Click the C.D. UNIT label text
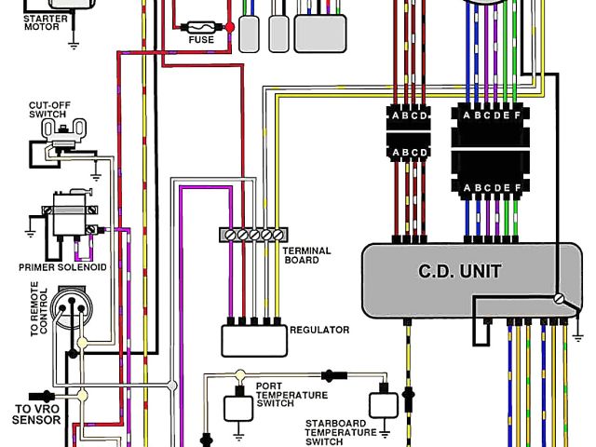[x=460, y=272]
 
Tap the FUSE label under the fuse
[x=200, y=40]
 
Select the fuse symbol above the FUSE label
[x=201, y=26]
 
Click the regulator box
[x=253, y=339]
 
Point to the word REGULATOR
[x=319, y=330]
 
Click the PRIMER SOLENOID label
[x=62, y=267]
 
